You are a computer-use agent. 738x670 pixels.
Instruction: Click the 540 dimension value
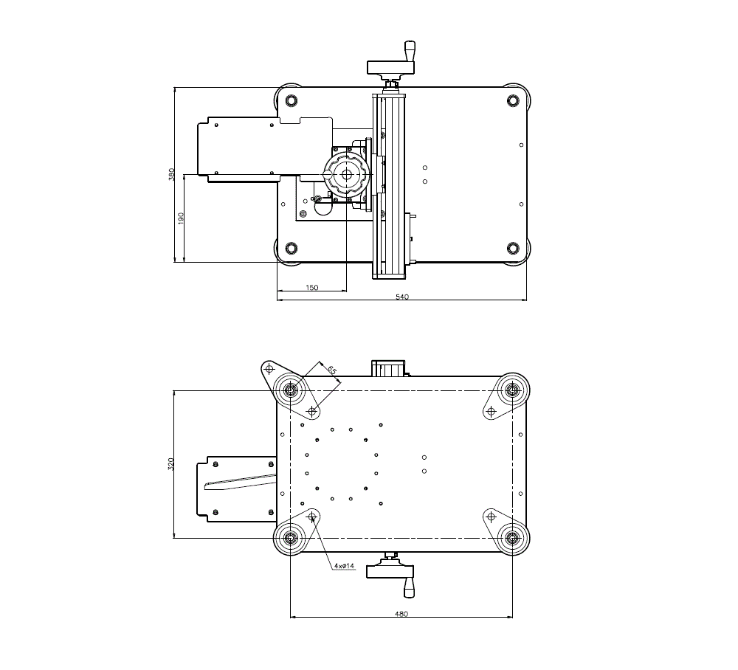point(402,297)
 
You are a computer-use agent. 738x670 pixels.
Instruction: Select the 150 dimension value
point(311,288)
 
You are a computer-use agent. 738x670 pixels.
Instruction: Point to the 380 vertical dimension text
point(171,175)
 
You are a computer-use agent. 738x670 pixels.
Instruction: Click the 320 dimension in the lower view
point(171,464)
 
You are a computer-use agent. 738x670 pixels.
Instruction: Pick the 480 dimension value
point(401,613)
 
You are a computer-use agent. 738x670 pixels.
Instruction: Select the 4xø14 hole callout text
point(344,566)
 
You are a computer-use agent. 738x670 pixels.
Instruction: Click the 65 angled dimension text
point(331,370)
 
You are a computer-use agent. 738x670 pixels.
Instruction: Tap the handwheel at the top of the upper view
point(391,69)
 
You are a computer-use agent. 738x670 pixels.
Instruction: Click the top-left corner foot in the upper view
point(290,100)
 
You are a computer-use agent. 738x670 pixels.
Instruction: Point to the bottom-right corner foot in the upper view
point(513,247)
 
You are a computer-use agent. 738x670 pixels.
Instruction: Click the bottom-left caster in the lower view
point(291,538)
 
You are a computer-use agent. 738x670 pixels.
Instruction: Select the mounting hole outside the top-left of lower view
point(270,368)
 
